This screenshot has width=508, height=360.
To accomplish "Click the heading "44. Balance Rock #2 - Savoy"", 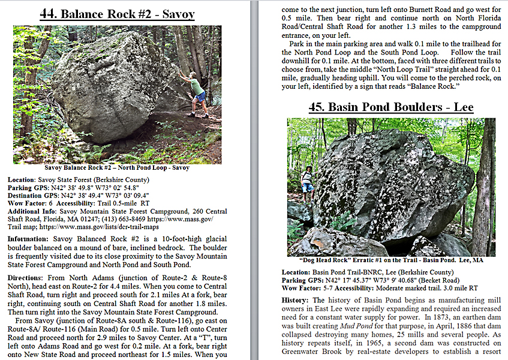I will pyautogui.click(x=117, y=14).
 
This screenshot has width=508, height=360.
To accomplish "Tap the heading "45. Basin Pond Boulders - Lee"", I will pyautogui.click(x=391, y=107).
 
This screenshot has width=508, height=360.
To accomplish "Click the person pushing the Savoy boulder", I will pyautogui.click(x=197, y=91).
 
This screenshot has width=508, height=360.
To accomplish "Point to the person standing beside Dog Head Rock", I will pyautogui.click(x=307, y=184).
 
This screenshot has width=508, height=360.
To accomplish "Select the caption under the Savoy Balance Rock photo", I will pyautogui.click(x=117, y=168).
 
